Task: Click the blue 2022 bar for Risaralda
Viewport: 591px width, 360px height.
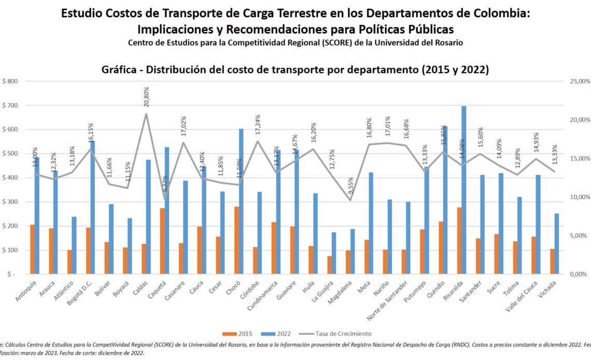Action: [x=464, y=189]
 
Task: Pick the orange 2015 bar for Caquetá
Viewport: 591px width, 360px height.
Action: [x=162, y=241]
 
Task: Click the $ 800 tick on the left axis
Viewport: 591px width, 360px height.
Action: [x=10, y=81]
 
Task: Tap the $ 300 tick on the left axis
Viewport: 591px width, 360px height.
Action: [x=10, y=202]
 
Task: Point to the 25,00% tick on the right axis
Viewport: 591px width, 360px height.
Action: [x=576, y=81]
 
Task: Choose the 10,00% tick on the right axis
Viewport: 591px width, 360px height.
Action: [x=576, y=197]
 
